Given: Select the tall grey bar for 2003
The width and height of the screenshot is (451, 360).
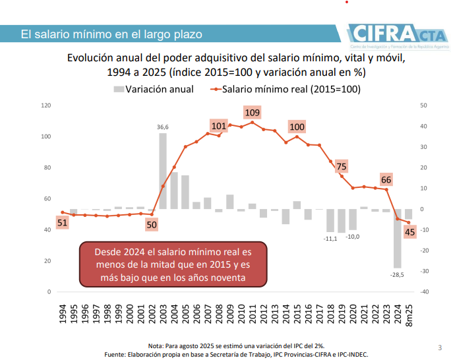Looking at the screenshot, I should click(x=163, y=171).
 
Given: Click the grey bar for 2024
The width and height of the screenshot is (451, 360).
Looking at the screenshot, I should click(x=398, y=238).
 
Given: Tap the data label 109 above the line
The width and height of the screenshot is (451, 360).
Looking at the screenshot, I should click(x=252, y=113).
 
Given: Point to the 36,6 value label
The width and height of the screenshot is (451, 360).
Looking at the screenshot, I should click(x=162, y=127).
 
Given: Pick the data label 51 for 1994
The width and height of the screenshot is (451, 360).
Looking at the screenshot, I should click(x=62, y=223).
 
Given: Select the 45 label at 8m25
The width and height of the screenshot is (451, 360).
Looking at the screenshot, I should click(x=409, y=231).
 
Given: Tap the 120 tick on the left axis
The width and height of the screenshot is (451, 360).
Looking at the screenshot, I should click(x=45, y=105).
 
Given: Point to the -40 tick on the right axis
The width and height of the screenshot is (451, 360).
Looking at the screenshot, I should click(x=424, y=292).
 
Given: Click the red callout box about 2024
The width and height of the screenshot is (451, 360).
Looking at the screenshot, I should click(x=173, y=265).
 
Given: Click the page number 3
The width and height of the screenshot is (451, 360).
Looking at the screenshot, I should click(x=440, y=347).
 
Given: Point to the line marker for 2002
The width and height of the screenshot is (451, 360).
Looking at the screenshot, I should click(x=152, y=212).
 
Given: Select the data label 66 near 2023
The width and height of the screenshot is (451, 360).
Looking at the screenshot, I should click(x=386, y=180).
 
